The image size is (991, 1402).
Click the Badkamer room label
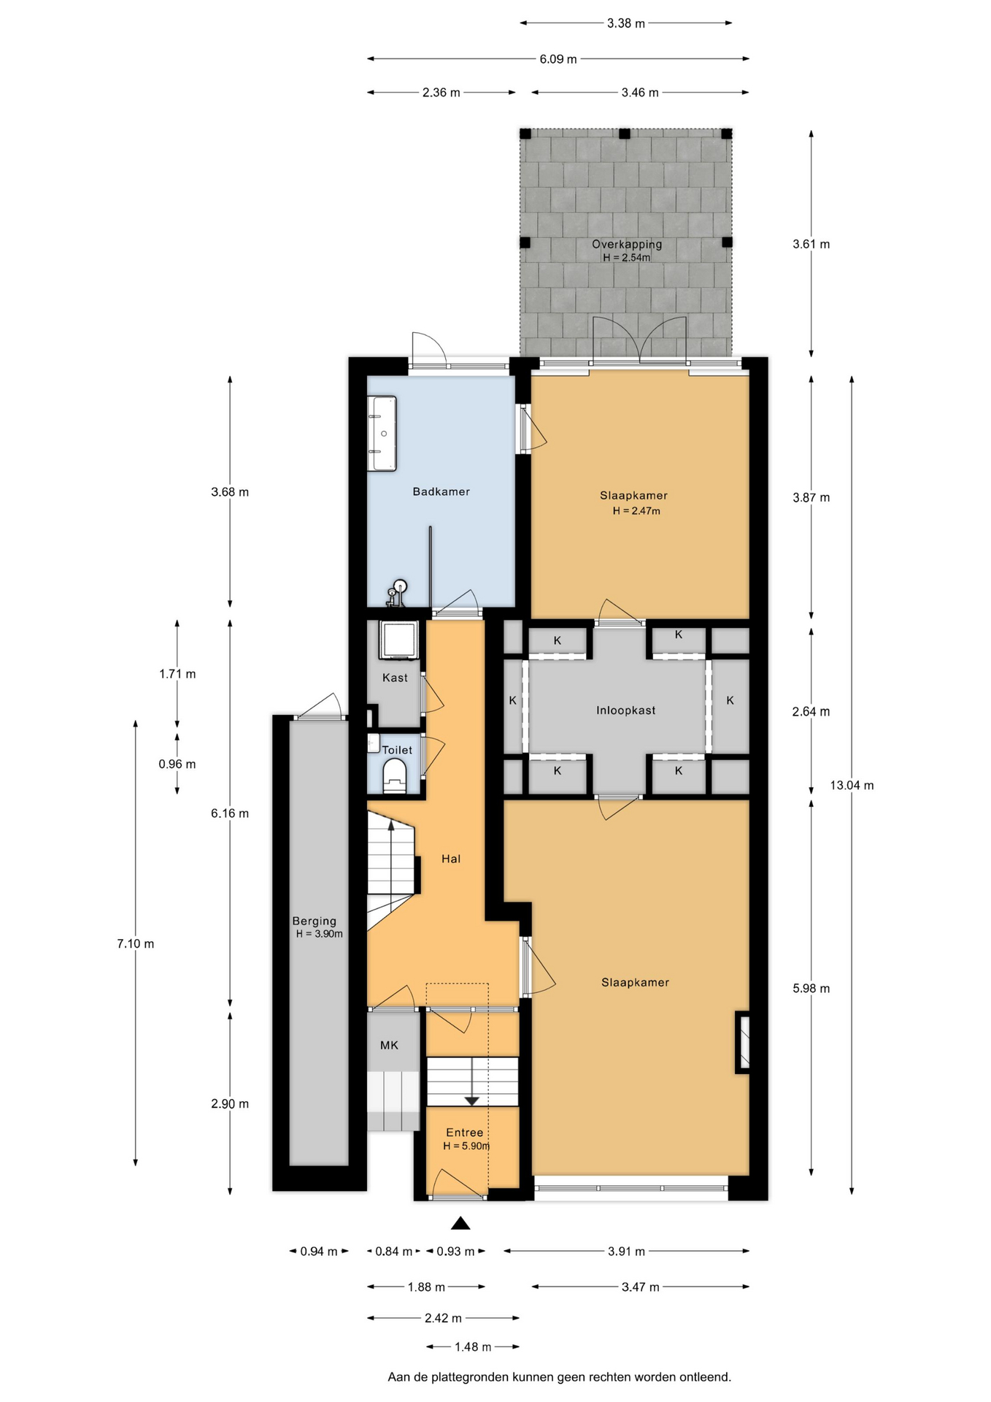coord(441,491)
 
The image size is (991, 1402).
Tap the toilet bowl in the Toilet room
coord(394,775)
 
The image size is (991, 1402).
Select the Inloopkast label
coord(625,710)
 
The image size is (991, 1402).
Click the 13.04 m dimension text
coord(852,785)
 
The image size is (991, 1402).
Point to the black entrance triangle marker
coord(460,1223)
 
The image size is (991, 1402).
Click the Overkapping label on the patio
coord(627,245)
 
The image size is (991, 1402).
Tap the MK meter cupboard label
coord(389,1045)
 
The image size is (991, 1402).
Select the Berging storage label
coord(315,921)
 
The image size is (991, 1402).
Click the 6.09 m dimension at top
coord(558,59)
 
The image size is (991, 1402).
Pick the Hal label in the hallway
coord(451,859)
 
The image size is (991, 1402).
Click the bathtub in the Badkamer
coord(382,433)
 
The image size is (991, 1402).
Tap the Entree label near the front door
coord(465,1132)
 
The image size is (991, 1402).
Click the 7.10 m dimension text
coord(136,943)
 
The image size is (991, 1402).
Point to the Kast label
coord(395,678)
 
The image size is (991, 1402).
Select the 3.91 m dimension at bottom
coord(627,1251)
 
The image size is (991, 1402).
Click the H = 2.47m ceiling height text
coord(636,511)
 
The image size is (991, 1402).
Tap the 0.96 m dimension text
coord(177,764)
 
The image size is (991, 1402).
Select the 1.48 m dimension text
coord(473,1347)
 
